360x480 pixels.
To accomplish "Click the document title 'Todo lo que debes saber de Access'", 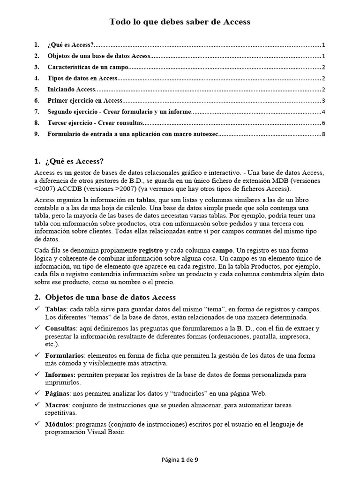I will tap(180, 22).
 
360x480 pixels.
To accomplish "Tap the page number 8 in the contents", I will tap(323, 135).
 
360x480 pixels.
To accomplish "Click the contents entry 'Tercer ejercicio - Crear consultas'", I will tap(95, 123).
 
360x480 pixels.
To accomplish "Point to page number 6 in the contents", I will tap(323, 123).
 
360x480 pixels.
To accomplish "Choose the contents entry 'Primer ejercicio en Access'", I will tap(84, 101).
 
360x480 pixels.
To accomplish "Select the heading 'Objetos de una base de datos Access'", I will tap(110, 297).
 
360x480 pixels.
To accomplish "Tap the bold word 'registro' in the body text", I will tap(151, 251).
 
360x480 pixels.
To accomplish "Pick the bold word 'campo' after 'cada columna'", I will tap(222, 251).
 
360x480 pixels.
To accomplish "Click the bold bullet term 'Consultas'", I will tap(60, 329).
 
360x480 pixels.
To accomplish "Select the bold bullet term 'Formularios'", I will tap(64, 356).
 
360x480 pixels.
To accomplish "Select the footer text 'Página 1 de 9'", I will tap(180, 460).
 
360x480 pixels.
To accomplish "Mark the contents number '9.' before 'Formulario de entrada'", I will tap(37, 135).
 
